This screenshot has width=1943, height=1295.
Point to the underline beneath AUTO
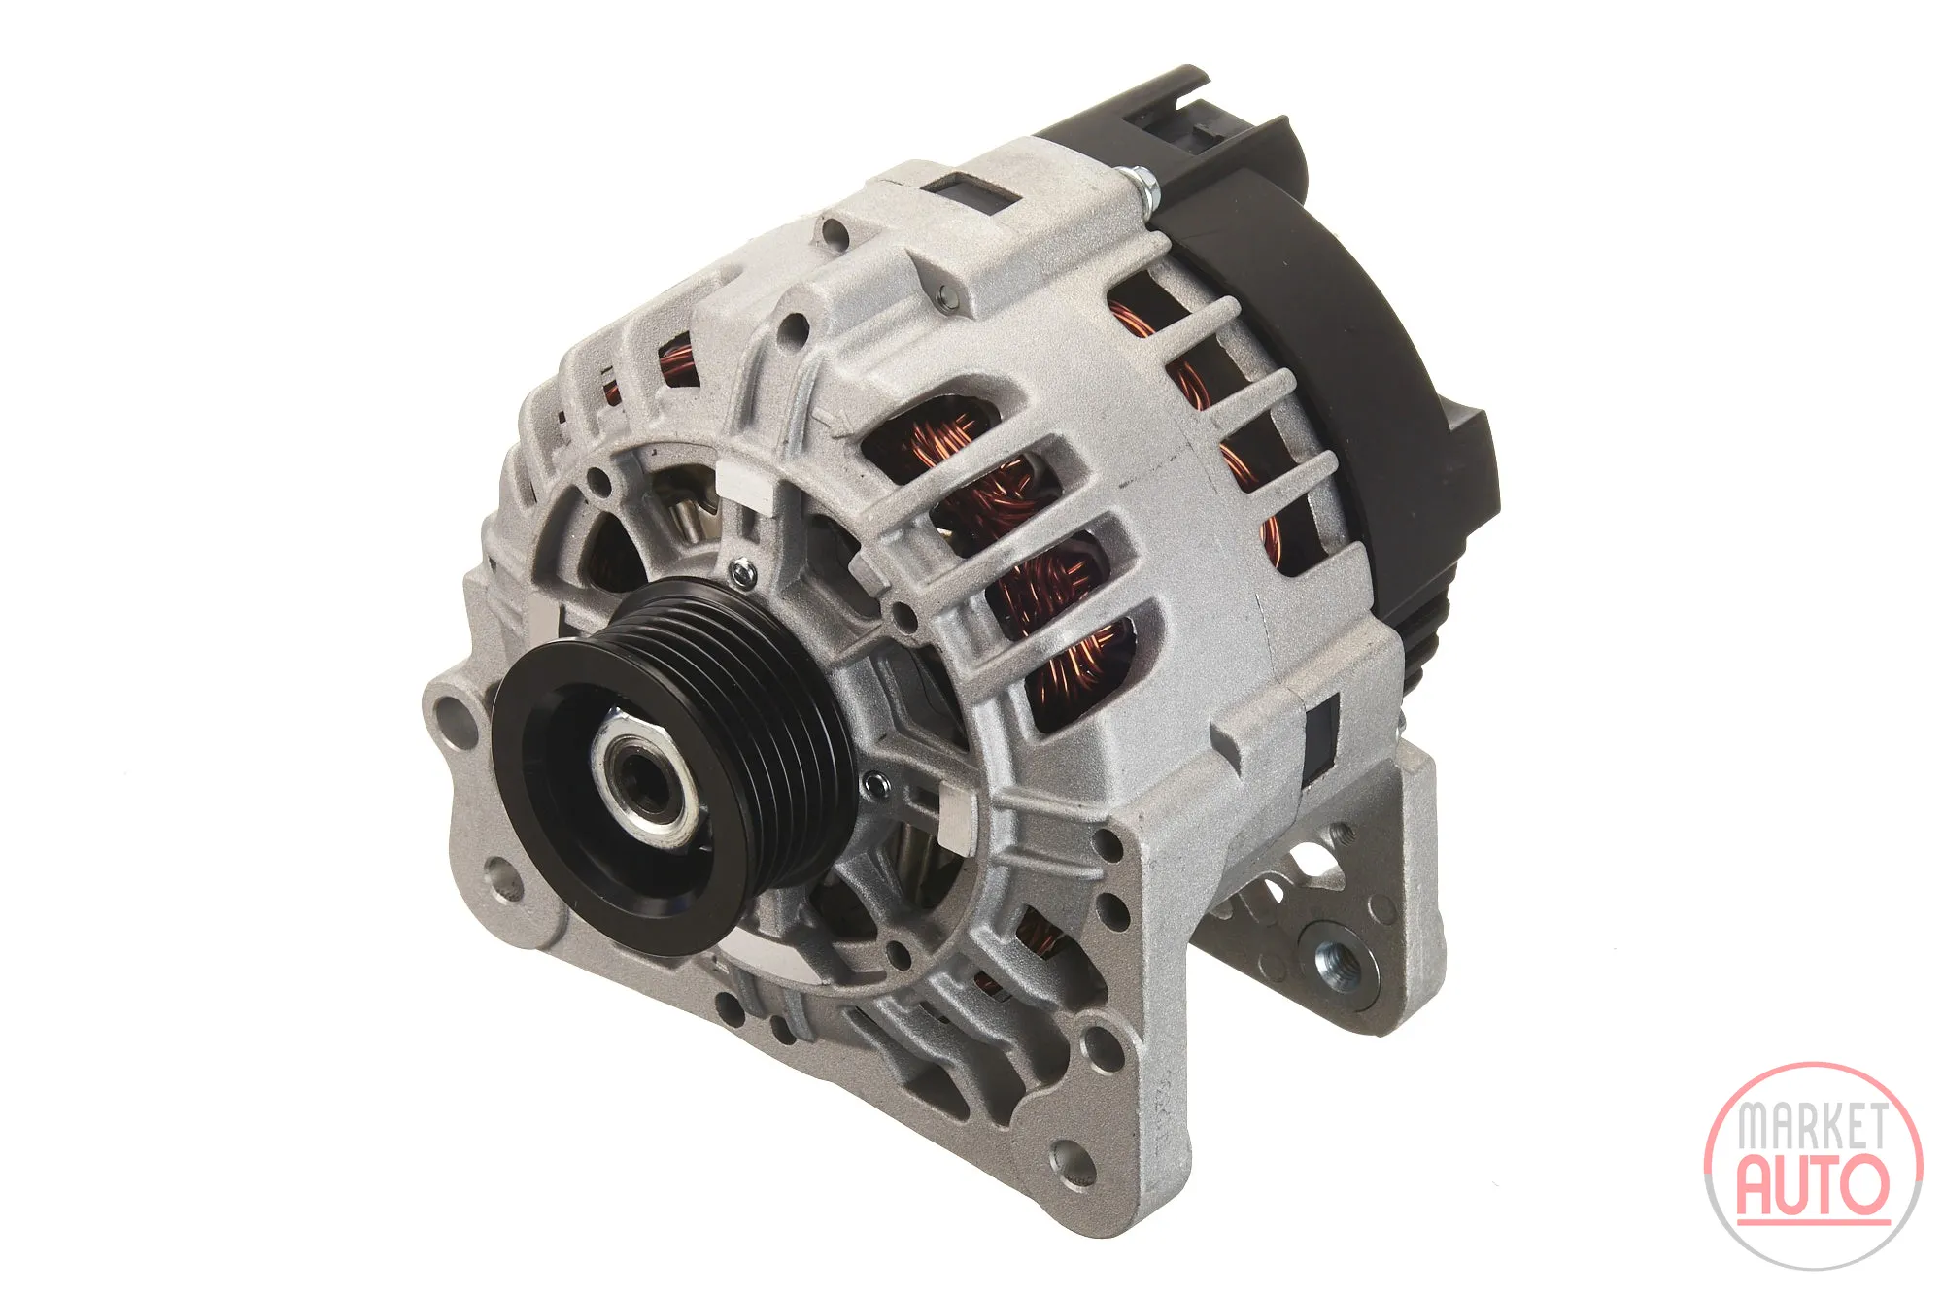(1813, 1222)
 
